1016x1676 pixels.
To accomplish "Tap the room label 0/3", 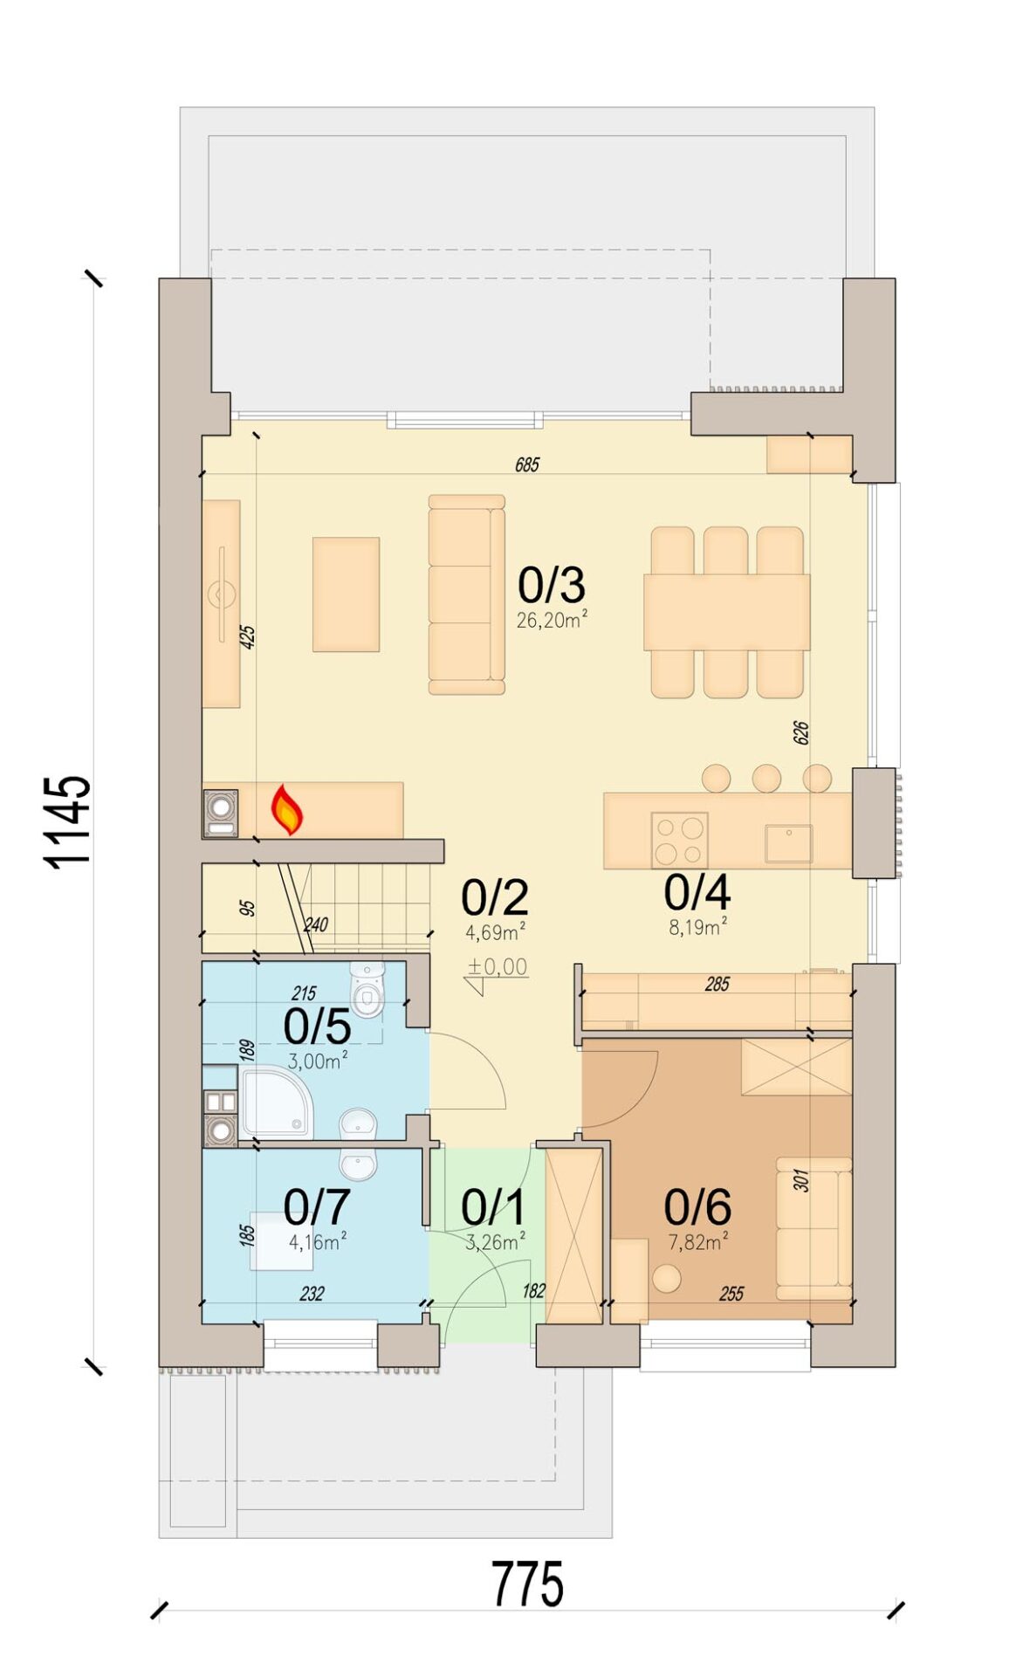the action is coord(551,584).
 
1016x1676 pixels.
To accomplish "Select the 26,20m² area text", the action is coord(552,620).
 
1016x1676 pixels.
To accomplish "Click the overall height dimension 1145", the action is coord(68,821).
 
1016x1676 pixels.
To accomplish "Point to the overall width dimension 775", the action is coord(527,1584).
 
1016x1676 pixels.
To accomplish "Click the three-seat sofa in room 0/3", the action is coord(466,594).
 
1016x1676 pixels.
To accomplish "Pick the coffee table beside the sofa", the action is coord(346,594).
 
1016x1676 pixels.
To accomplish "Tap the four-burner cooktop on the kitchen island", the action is coord(679,840).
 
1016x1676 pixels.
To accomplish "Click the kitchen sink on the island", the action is coord(788,843).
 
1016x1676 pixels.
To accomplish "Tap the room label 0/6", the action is coord(697,1207).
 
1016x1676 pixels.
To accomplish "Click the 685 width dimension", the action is coord(527,464).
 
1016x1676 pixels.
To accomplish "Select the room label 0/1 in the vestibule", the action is coord(493,1207).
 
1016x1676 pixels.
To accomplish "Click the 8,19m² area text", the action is coord(698,927).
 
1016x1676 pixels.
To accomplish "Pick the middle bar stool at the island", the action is coord(766,778).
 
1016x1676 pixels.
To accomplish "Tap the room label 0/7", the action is coord(317,1207).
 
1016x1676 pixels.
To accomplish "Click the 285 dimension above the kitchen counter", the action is coord(717,985).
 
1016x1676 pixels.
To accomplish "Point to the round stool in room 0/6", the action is coord(667,1279).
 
